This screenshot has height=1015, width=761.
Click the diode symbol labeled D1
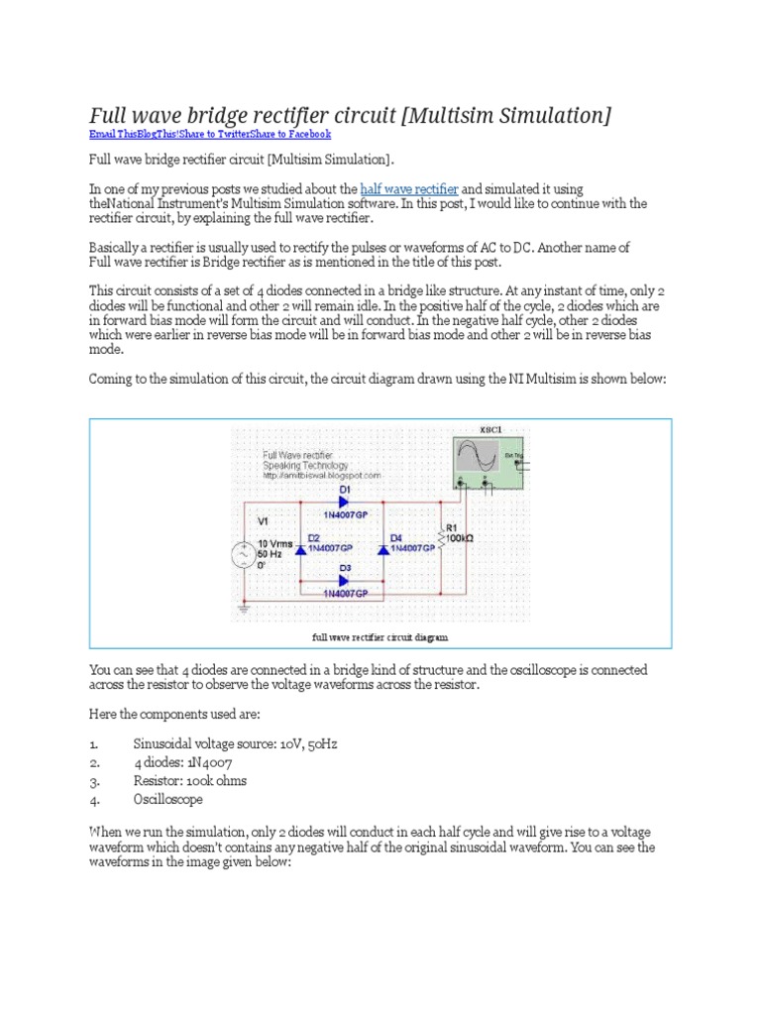point(345,502)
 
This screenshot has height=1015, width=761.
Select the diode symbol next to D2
point(301,548)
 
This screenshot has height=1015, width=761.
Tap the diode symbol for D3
point(345,580)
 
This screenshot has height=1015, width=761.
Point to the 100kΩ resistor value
point(461,538)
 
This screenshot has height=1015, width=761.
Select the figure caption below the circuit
point(380,636)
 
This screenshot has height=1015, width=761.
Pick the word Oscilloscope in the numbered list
point(168,798)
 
